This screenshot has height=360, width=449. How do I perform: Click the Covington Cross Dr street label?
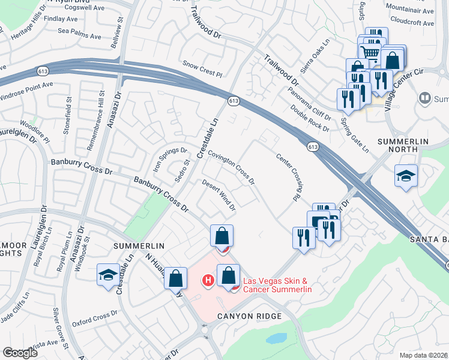(x=232, y=167)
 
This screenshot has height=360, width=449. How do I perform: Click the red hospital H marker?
(x=208, y=280)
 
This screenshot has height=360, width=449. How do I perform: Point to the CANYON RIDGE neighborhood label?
(x=249, y=316)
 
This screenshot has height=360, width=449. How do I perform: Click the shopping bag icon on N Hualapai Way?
(x=175, y=278)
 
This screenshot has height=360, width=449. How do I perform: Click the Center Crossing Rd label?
(x=288, y=176)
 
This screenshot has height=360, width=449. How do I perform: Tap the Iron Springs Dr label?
(x=166, y=155)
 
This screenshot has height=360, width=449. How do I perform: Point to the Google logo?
(x=20, y=353)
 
